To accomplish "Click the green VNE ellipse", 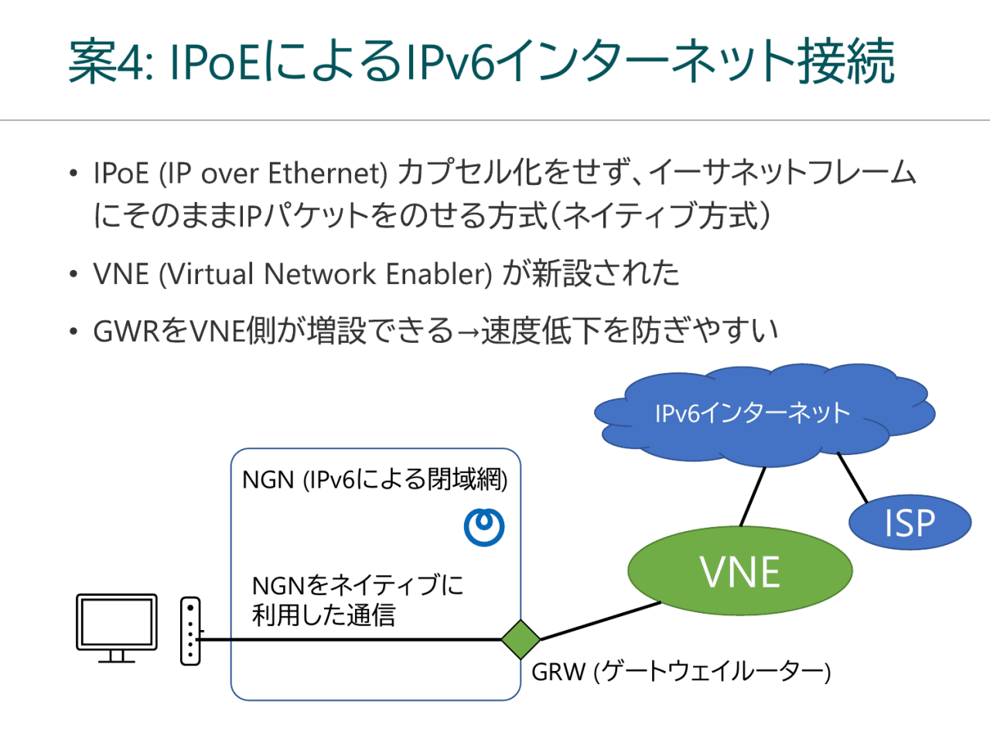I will coord(739,571).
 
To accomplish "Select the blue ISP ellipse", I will coord(910,523).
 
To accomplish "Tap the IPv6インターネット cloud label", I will coord(752,413).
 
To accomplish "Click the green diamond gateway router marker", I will coord(521,639).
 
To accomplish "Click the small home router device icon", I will coord(190,631).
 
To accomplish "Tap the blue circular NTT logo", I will coord(484,526).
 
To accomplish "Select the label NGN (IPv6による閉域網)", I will coord(375,480).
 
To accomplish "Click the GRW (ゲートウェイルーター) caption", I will coord(681,671).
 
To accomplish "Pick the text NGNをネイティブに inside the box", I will coord(357,585).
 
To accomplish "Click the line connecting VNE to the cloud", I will coord(753,496).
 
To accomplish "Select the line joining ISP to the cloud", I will coord(853,478).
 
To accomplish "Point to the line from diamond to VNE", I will coord(599,621).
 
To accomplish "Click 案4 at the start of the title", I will coord(106,62).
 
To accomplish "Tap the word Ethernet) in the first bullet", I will coord(327,173).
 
